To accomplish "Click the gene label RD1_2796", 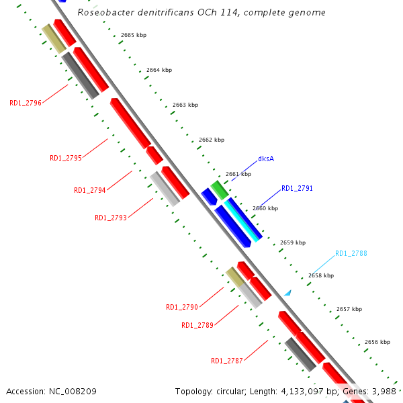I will point(26,103).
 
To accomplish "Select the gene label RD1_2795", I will point(66,158).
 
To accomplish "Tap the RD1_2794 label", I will point(90,190).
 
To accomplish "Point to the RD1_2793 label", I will point(111,218).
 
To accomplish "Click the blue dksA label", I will point(266,159).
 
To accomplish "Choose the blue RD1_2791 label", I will point(297,189).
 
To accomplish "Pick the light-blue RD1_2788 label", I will point(351,253).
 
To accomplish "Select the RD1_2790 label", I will point(182,307).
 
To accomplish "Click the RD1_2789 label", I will point(197,325).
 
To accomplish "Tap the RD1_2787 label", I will point(227,361).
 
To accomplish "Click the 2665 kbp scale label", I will point(134,35).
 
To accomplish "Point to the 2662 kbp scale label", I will point(212,140).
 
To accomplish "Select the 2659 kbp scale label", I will point(293,242).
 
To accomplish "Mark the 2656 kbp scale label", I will point(377,342).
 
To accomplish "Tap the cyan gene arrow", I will point(241,219).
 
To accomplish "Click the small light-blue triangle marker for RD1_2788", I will point(287,293).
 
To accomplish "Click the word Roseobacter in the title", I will point(103,13).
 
